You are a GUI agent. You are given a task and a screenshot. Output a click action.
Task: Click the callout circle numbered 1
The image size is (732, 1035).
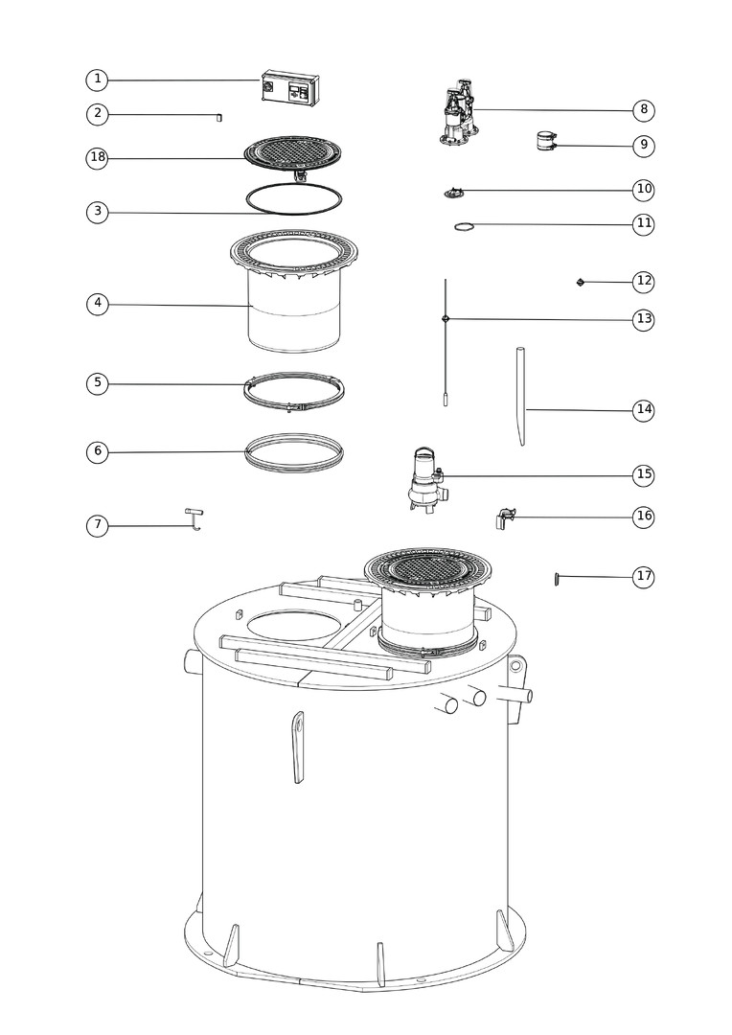[x=97, y=80]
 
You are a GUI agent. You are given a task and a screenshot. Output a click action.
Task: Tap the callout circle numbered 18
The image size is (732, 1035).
[x=97, y=157]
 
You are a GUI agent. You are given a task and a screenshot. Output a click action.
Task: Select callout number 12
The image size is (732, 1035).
[x=644, y=281]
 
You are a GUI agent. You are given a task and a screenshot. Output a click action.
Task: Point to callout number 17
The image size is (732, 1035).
[x=644, y=576]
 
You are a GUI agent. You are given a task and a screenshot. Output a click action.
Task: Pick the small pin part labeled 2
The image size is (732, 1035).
[x=219, y=118]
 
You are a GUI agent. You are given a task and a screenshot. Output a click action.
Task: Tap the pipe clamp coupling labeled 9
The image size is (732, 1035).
[x=546, y=141]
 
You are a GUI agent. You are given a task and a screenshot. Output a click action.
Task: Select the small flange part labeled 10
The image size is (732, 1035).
[x=454, y=192]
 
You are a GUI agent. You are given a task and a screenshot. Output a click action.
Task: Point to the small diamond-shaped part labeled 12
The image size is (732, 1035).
[x=581, y=282]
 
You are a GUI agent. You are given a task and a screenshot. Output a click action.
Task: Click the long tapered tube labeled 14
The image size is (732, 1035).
[x=521, y=396]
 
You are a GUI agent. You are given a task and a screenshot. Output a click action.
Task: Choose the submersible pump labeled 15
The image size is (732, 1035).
[x=425, y=481]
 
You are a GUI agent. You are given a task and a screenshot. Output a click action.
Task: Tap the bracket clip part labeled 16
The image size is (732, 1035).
[x=505, y=518]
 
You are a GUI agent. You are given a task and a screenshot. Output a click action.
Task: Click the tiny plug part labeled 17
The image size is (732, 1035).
[x=557, y=579]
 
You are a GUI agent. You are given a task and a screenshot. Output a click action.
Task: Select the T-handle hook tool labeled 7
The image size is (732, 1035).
[x=194, y=518]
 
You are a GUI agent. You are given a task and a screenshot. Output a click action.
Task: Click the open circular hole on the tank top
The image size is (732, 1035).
[x=295, y=625]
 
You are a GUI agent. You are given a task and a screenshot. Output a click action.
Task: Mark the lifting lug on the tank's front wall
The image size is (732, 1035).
[x=298, y=747]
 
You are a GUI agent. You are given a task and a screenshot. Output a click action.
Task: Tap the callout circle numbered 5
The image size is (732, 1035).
[x=97, y=383]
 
